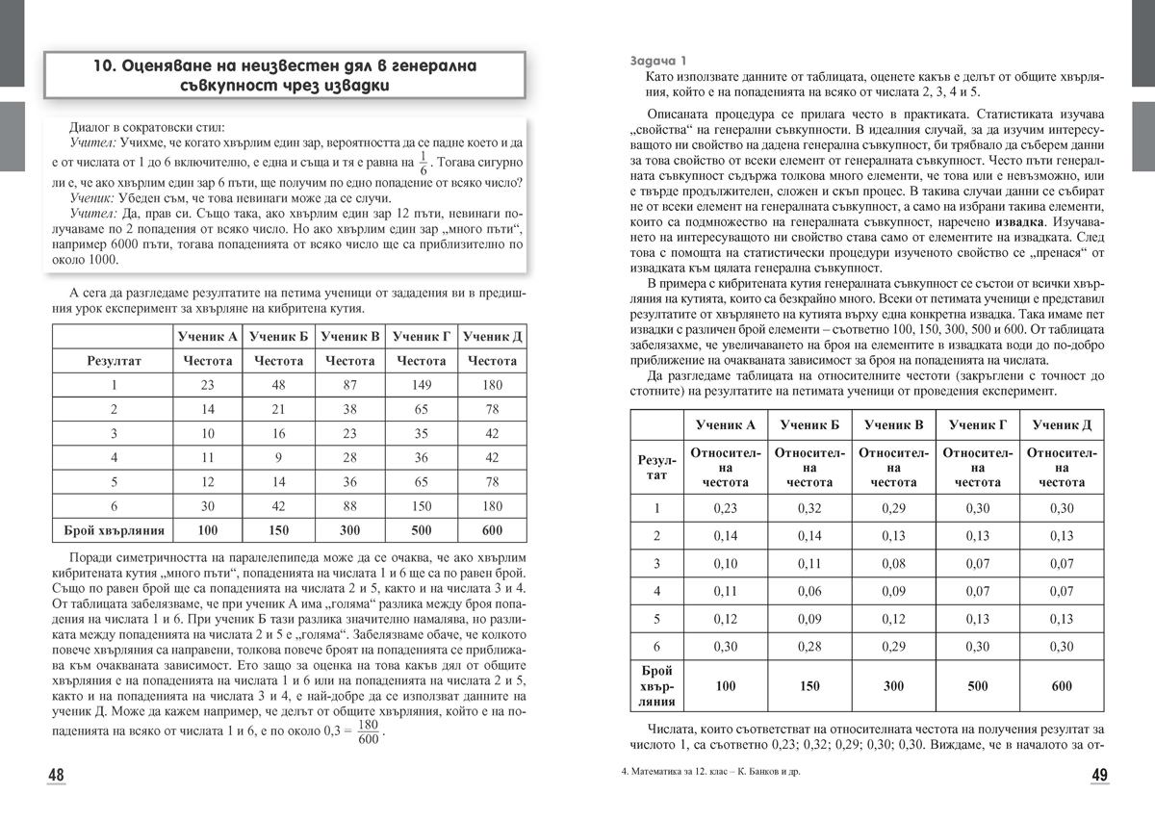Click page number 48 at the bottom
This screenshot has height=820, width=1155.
pos(57,776)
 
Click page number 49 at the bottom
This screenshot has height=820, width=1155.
pos(1099,776)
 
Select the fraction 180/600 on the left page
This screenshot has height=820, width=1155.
pos(368,732)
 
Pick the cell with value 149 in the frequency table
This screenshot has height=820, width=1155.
pos(421,385)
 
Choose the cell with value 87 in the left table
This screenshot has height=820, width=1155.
pos(349,385)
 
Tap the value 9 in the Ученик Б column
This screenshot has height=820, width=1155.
pos(278,457)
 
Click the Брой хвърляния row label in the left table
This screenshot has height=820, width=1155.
pos(114,529)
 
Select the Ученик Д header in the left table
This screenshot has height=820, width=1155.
pos(492,336)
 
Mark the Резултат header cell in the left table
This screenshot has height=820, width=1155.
pos(114,361)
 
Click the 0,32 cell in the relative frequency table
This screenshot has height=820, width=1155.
pos(808,508)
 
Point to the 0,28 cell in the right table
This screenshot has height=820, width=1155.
pos(808,646)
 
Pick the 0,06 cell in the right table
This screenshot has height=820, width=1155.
pos(808,591)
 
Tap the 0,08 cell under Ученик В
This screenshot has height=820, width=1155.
pos(893,563)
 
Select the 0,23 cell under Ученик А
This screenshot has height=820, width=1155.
pos(725,508)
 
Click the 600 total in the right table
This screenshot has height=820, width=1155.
pos(1062,686)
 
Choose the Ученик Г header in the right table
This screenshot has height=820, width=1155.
pos(977,424)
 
